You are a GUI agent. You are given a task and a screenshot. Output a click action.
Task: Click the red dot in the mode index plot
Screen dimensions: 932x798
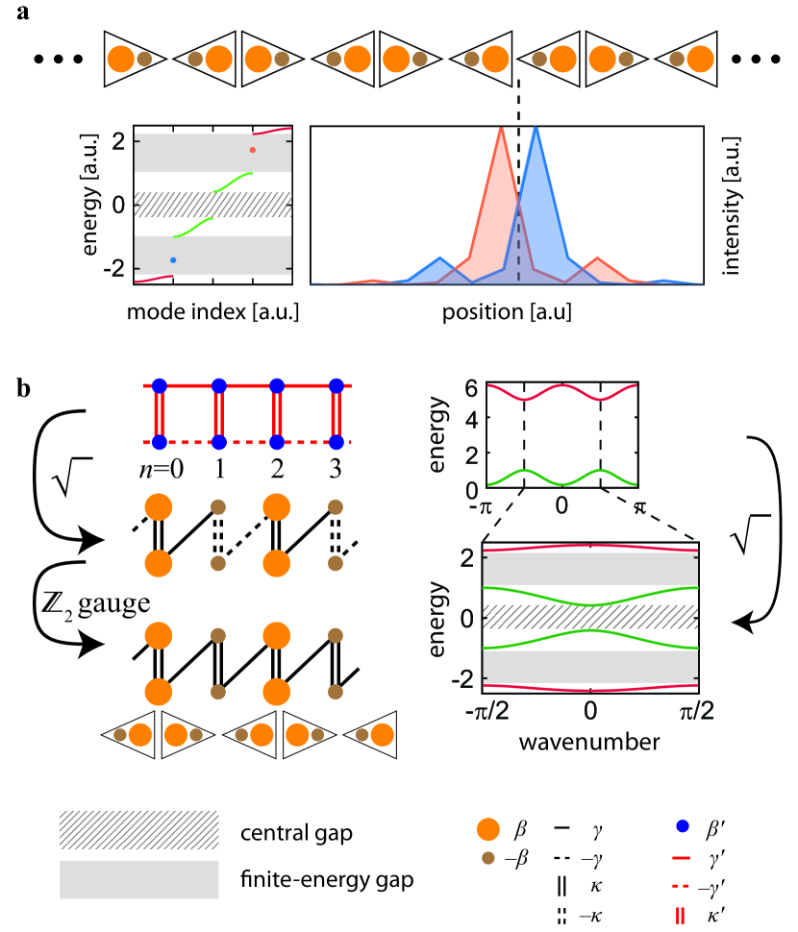pyautogui.click(x=253, y=150)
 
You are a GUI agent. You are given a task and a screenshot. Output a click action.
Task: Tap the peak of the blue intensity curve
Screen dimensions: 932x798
pyautogui.click(x=536, y=128)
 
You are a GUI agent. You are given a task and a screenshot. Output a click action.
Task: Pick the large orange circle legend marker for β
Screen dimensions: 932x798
pyautogui.click(x=488, y=828)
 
